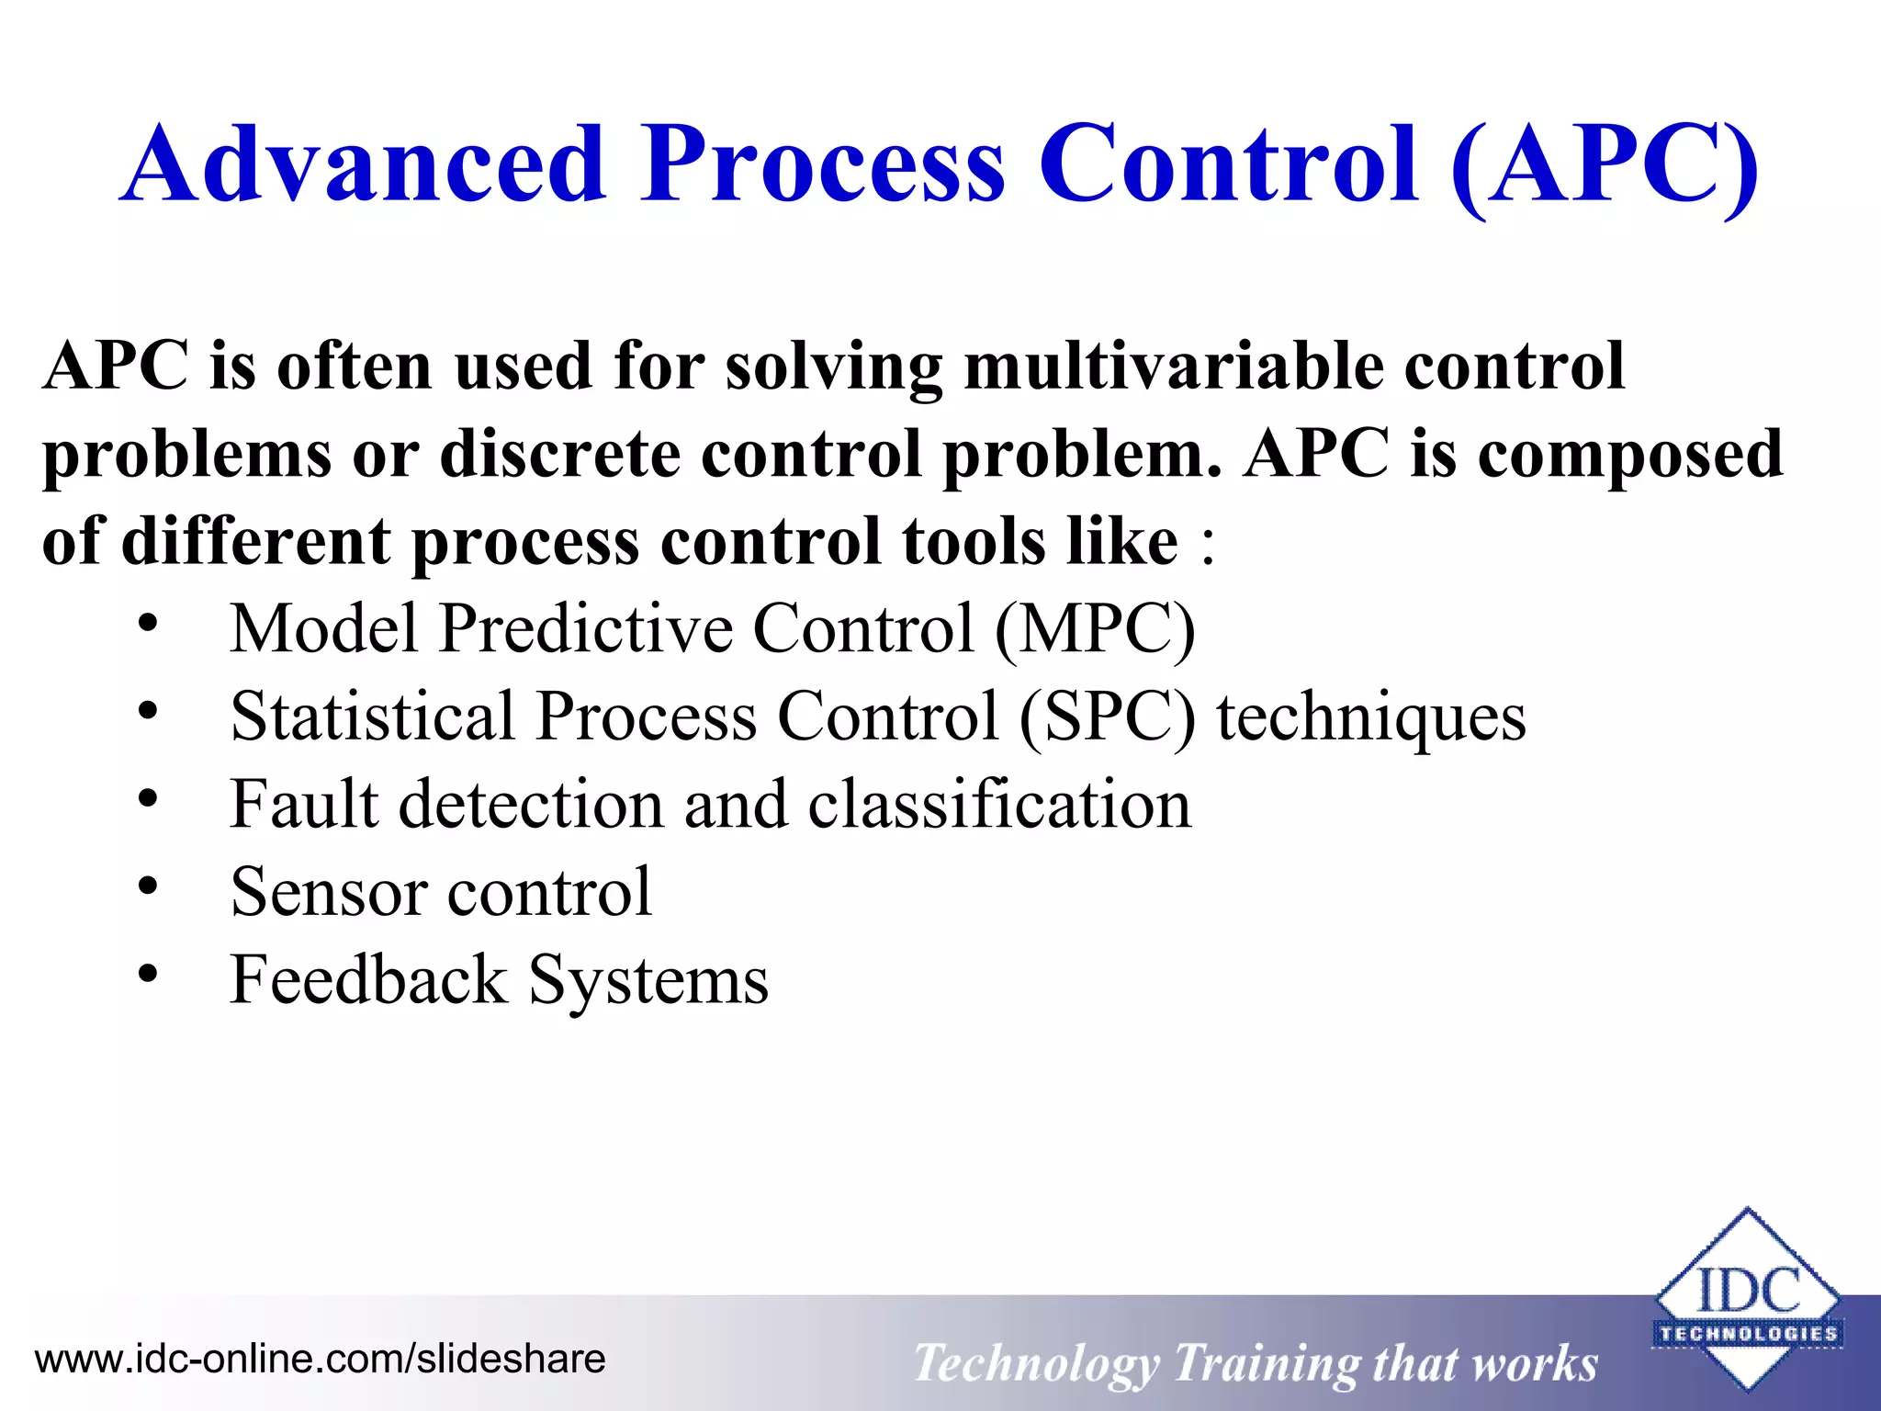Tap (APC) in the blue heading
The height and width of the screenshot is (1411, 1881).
(1603, 165)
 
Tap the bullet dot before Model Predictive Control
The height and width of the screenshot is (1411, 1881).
(148, 626)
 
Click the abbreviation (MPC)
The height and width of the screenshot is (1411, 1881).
(1095, 629)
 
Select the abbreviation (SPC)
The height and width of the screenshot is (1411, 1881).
(1108, 717)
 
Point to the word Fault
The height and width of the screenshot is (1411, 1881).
(303, 805)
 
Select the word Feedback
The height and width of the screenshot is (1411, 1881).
(368, 980)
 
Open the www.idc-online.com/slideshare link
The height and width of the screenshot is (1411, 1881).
(320, 1359)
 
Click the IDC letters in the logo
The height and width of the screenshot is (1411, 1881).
(1748, 1291)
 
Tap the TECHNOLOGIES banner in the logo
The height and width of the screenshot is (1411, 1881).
(1748, 1334)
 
